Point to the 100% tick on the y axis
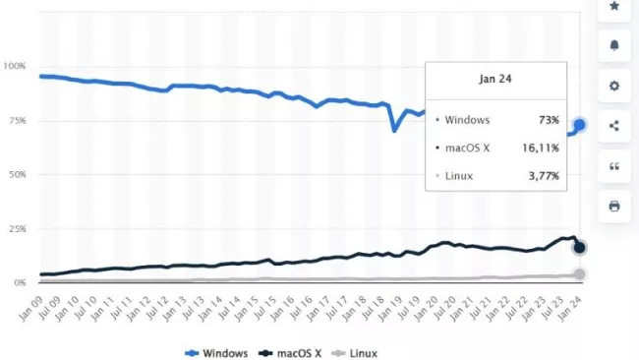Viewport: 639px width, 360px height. tap(17, 66)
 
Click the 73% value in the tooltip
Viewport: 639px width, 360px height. tap(548, 120)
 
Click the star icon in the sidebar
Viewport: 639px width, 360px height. tap(614, 7)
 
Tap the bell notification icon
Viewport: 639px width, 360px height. tap(614, 46)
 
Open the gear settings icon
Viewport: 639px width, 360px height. tap(614, 86)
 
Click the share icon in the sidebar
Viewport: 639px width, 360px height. tap(614, 126)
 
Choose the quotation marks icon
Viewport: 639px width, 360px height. tap(614, 166)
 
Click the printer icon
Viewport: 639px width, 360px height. tap(614, 206)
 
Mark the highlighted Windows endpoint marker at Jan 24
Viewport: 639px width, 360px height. tap(579, 125)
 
